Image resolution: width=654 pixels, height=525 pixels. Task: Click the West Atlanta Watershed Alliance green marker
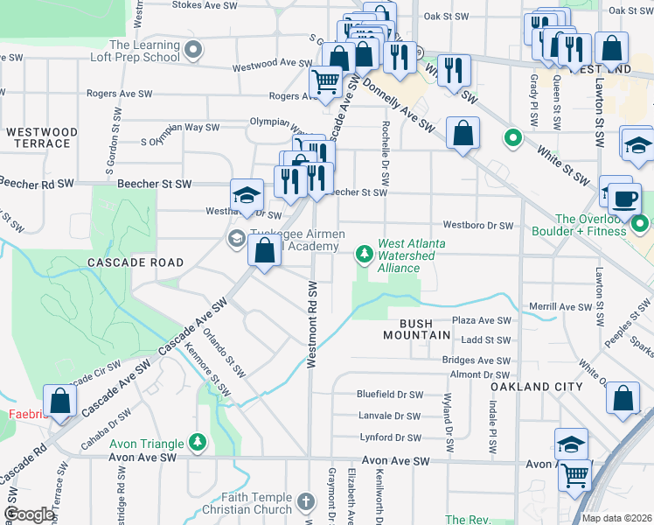coord(365,255)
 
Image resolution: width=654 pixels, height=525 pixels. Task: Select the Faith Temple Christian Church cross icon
coord(304,501)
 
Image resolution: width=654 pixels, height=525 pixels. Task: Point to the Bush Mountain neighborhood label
coord(421,329)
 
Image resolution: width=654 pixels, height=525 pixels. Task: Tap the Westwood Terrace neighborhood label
coord(42,137)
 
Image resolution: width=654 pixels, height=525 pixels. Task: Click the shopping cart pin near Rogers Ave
coord(326,82)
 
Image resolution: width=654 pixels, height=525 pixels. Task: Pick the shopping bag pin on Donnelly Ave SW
coord(463,134)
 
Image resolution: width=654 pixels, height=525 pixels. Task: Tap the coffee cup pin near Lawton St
coord(625,198)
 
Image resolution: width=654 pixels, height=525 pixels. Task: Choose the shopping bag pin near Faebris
coord(60,402)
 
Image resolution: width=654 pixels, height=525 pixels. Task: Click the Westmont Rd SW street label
coord(311,324)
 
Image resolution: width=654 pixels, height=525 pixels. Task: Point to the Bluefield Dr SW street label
coord(390,395)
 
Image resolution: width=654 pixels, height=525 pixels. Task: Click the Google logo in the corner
coord(29,515)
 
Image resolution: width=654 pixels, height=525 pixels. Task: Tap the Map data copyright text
coord(616,518)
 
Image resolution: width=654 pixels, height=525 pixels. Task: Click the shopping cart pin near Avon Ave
coord(575,475)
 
